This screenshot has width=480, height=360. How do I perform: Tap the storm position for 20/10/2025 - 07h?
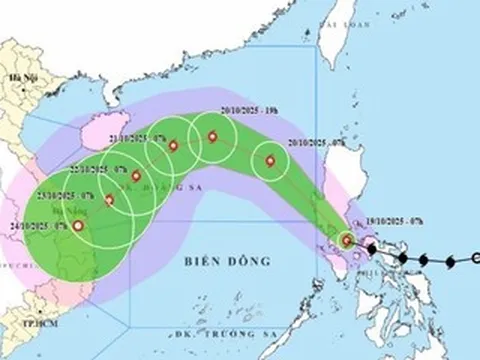(269, 160)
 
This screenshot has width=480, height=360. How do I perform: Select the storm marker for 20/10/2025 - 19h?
(211, 139)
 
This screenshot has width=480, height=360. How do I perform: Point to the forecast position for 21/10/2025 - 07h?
(173, 147)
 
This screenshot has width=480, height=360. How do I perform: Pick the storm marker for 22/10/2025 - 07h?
(136, 177)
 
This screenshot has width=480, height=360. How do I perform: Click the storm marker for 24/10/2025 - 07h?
(78, 227)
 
